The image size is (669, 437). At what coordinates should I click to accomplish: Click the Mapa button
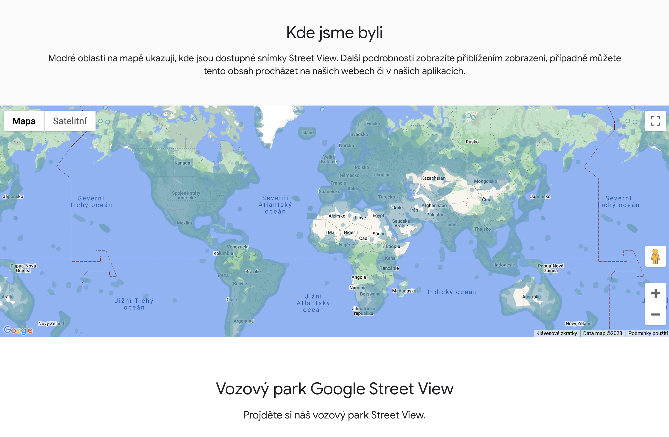coord(24,121)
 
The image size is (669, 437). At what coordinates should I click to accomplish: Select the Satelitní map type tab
coord(70,121)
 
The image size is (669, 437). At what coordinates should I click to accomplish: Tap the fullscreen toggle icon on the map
coord(655,121)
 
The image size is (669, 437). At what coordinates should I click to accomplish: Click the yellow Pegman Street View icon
coord(655,256)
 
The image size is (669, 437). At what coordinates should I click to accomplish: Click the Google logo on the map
coord(18,330)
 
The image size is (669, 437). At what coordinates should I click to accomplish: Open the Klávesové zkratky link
coord(556,333)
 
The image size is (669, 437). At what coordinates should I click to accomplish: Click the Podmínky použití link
coord(648,333)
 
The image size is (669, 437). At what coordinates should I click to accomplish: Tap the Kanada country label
coord(182,163)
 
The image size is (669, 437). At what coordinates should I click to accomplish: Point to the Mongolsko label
coord(485,181)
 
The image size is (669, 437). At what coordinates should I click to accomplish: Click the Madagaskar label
coord(405,291)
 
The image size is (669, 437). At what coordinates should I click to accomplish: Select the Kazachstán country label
coord(433,178)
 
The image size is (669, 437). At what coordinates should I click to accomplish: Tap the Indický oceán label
coord(452,292)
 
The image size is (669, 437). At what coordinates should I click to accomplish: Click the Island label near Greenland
coord(307,133)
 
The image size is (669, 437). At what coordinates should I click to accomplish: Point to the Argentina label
coord(243,321)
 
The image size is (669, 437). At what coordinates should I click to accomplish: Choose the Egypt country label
coord(378,215)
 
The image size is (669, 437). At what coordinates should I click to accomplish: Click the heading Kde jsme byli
coord(334,33)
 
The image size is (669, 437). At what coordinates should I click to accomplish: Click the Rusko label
coord(472,142)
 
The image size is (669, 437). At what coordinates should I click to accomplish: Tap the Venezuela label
coord(237,247)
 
